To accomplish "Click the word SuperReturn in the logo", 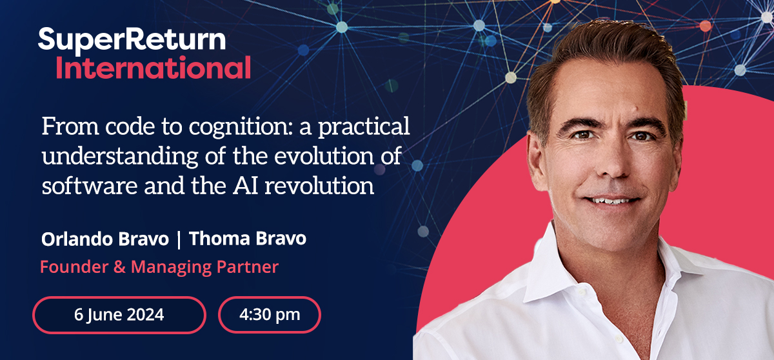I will point(132,40).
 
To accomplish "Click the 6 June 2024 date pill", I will point(119,315).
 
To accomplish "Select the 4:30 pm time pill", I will point(270,315).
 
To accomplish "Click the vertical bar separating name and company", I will point(180,239).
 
